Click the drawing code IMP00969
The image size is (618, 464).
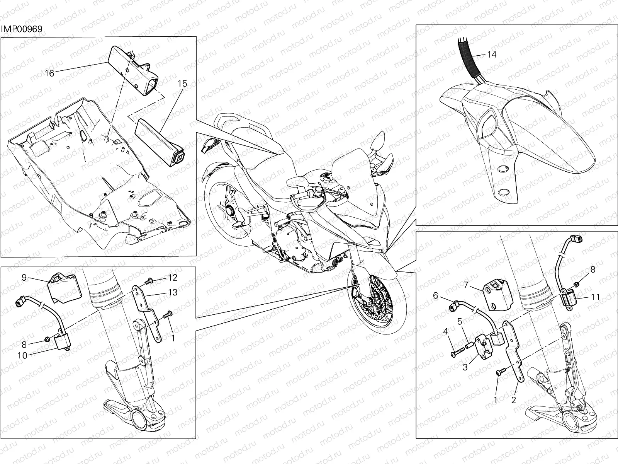tap(22, 29)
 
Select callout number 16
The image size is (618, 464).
tap(49, 73)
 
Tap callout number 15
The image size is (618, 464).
tap(182, 84)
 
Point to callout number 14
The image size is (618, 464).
tap(492, 55)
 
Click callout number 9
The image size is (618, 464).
tap(24, 278)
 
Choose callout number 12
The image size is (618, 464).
tap(173, 278)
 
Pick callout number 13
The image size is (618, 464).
tap(173, 292)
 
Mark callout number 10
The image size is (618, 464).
tap(22, 355)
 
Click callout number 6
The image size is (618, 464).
tap(436, 295)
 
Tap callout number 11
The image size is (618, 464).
tap(596, 297)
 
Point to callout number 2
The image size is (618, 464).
tap(514, 400)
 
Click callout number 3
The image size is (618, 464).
tap(465, 367)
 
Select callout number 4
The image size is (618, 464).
tap(445, 332)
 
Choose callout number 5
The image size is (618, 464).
tap(460, 321)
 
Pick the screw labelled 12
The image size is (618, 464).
tap(149, 280)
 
